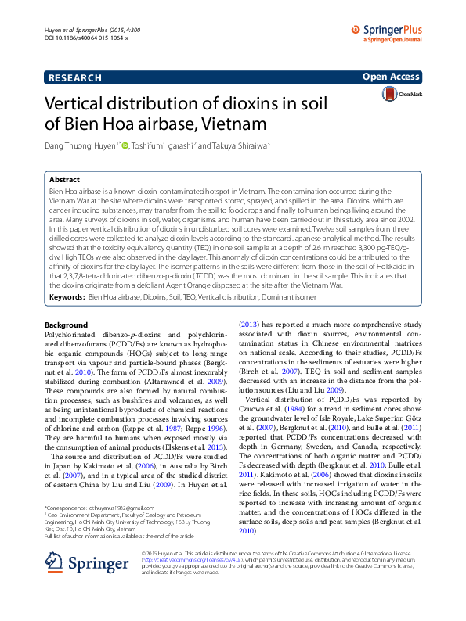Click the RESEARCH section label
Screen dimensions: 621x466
(x=74, y=77)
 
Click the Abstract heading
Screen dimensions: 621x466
(x=65, y=179)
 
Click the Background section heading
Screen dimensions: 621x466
(x=67, y=325)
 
